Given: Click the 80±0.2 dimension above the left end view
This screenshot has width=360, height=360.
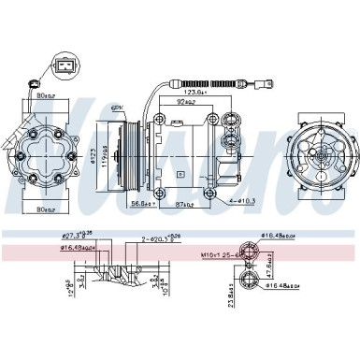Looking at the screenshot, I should [44, 94].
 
